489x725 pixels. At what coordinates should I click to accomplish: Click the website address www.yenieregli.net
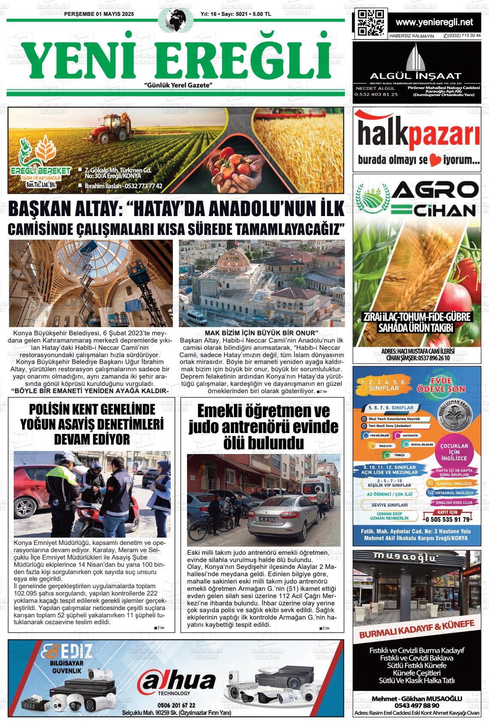pyautogui.click(x=434, y=22)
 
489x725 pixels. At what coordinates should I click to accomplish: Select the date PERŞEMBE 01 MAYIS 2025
pyautogui.click(x=99, y=14)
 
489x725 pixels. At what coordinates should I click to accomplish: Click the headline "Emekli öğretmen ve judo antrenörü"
pyautogui.click(x=263, y=426)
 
